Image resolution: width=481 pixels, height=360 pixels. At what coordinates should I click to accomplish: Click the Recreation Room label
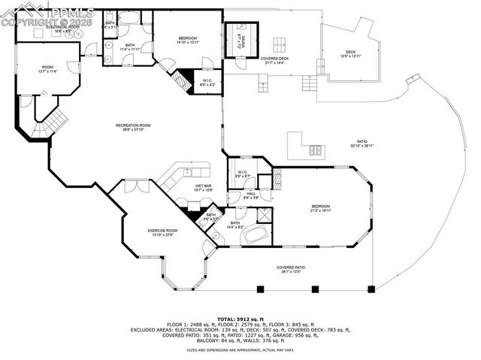pos(133,127)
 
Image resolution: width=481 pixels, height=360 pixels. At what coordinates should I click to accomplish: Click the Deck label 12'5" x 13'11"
pos(347,54)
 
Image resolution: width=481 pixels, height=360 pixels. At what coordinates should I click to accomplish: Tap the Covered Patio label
pos(295,270)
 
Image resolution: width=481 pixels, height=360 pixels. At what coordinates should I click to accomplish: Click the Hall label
pos(251,195)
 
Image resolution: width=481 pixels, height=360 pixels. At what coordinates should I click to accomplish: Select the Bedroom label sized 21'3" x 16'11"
pos(321,210)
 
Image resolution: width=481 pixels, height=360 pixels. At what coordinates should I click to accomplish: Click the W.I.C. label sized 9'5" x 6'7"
pos(243,174)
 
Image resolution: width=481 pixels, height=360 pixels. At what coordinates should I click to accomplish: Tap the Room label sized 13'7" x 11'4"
pos(47,71)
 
